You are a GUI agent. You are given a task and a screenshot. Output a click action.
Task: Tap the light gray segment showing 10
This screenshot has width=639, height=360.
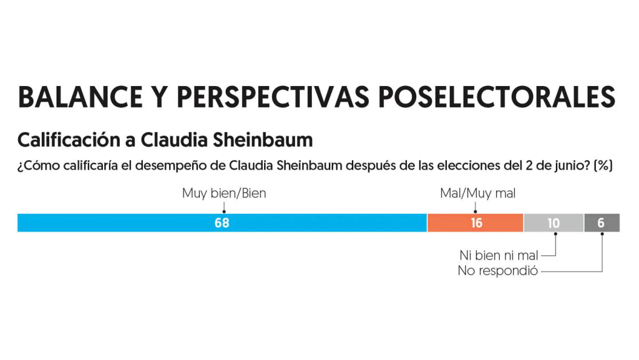tap(538, 223)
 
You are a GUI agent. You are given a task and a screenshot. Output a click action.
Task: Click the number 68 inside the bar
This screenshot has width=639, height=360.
tap(222, 223)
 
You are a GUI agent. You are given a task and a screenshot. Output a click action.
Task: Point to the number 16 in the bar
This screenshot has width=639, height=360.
tap(476, 223)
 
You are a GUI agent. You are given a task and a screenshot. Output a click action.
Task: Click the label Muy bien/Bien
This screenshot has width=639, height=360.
tap(224, 193)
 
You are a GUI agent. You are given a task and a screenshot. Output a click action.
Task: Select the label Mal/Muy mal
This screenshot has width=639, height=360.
tap(478, 193)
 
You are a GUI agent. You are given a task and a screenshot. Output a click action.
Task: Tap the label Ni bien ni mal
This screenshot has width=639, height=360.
tap(498, 255)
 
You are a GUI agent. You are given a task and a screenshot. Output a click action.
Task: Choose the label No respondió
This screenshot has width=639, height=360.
tap(498, 271)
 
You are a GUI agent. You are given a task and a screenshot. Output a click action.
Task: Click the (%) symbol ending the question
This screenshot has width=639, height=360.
tap(604, 166)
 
